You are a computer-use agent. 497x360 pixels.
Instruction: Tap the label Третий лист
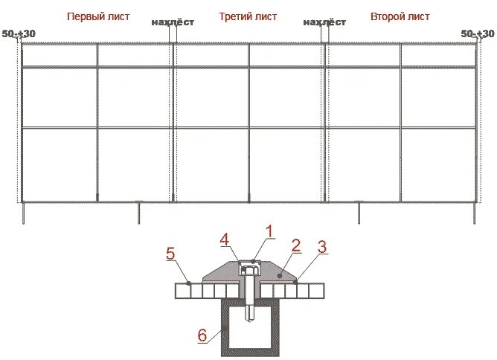248,16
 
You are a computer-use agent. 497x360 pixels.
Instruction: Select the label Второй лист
400,16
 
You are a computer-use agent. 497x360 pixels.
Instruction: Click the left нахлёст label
173,22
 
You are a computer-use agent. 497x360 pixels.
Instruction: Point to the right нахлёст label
325,22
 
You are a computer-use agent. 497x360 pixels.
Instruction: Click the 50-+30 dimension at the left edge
19,33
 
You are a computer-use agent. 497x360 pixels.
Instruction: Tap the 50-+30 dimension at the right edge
477,33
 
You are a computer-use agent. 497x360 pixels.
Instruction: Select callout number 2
296,244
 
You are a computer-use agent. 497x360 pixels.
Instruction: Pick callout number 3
322,247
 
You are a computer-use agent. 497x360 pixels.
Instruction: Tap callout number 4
224,240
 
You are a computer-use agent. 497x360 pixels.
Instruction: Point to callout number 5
170,254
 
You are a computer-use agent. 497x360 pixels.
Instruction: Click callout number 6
202,335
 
